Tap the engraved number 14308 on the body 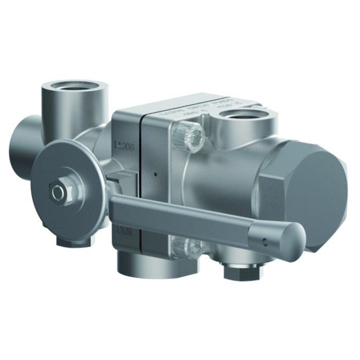click(123, 147)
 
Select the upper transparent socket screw click(190, 136)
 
